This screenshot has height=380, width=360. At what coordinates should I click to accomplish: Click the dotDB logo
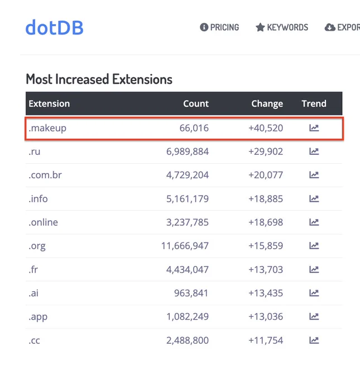(55, 27)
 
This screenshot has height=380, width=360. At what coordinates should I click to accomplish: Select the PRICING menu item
(219, 27)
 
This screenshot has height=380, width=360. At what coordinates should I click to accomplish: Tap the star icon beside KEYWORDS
(260, 27)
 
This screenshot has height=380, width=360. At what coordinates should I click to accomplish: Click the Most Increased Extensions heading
(99, 79)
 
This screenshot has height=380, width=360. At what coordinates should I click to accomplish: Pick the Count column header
(196, 103)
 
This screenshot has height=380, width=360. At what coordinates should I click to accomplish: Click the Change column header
(267, 104)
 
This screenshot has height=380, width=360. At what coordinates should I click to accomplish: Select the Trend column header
(314, 103)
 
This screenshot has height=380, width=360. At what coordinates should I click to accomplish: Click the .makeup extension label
(47, 128)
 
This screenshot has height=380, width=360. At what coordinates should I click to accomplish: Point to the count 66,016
(194, 128)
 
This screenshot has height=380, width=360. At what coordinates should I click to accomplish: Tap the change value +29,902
(266, 151)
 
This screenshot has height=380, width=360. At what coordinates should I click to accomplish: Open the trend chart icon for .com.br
(314, 175)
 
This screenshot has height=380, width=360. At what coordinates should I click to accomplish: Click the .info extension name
(38, 199)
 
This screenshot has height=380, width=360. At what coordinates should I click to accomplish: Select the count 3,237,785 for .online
(188, 222)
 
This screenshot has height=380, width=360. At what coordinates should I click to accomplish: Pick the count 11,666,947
(185, 246)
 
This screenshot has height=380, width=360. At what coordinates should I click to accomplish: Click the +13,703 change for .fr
(266, 269)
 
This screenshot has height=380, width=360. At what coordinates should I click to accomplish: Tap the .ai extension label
(33, 293)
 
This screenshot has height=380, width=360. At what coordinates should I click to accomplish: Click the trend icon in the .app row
(314, 316)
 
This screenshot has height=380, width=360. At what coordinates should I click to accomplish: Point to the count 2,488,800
(188, 340)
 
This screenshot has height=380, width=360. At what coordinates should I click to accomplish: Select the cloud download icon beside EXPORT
(330, 27)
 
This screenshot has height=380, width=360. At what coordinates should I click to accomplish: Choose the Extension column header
(49, 103)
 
